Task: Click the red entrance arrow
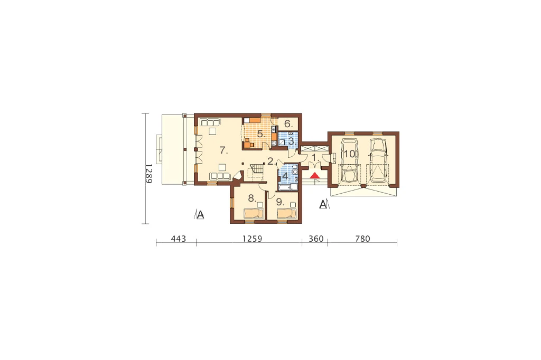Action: coord(315,176)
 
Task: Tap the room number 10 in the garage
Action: coord(349,154)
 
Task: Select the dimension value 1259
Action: coord(252,239)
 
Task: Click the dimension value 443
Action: coord(179,239)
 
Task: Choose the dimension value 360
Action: coord(316,239)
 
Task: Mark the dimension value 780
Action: coord(362,239)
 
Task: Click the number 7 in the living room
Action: coord(223,150)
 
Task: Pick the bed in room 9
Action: coord(287,214)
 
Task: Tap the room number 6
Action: coord(288,124)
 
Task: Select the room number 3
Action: coord(292,141)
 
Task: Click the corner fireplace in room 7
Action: coord(237,176)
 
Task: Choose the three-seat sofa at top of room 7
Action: coord(209,122)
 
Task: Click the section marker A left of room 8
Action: coord(199,215)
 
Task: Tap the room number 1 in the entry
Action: coord(315,158)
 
